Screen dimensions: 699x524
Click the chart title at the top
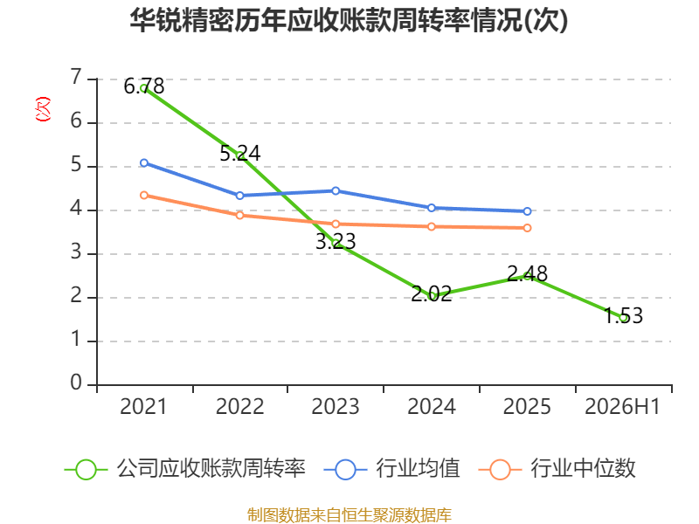[349, 20]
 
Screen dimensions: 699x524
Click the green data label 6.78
[144, 86]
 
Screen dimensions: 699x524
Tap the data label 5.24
[239, 154]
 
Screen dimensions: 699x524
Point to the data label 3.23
[336, 242]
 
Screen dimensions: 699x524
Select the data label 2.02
[432, 294]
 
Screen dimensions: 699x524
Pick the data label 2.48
[528, 273]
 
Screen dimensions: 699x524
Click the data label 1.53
[623, 315]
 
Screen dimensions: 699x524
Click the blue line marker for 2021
[144, 163]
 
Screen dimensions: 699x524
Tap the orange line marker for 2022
[239, 215]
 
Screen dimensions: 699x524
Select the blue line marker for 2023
[336, 190]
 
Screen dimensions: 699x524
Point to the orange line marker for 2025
[528, 228]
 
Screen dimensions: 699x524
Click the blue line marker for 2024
[432, 208]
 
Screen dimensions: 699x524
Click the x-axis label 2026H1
[622, 406]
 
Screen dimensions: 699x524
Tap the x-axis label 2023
[336, 406]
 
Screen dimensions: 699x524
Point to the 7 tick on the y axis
[76, 77]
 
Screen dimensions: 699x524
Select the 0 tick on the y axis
[76, 383]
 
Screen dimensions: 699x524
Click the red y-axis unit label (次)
[43, 108]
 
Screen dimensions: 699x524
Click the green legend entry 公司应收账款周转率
[185, 469]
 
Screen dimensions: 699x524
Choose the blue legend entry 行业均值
[391, 469]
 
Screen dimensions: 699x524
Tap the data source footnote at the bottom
[349, 515]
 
